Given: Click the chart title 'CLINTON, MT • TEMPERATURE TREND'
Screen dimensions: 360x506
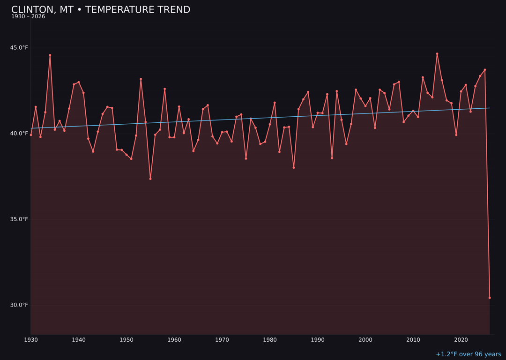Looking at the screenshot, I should pos(101,10).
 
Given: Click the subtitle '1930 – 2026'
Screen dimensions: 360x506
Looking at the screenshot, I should pos(28,17).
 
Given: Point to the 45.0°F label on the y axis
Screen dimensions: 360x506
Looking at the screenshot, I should pos(19,48).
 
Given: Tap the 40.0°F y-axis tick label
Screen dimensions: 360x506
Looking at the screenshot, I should pos(19,134).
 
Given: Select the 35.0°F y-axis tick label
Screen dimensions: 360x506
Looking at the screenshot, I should pos(19,219).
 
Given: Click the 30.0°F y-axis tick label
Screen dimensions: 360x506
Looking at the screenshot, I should pos(19,305).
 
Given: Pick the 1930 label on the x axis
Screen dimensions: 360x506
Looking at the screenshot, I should pos(31,340).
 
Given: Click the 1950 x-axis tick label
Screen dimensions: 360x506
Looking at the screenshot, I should pos(126,340).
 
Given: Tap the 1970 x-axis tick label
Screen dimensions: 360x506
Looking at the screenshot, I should pos(222,340).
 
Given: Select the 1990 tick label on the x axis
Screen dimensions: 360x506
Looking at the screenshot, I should pos(318,340).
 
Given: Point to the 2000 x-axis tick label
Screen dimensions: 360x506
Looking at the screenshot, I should pos(365,340).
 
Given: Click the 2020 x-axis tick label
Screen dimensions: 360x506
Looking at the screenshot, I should pos(461,340).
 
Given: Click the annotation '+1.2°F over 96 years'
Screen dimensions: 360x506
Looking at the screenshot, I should pos(468,354).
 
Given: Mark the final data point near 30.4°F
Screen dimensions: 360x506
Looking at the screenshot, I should pos(490,298).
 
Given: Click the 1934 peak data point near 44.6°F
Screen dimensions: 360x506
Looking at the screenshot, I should pos(50,55).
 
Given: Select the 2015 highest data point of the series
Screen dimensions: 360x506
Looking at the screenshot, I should pos(437,54).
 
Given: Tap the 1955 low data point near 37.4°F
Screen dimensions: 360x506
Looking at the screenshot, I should pos(150,179).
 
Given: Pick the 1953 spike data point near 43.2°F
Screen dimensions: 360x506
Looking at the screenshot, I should pos(141,79).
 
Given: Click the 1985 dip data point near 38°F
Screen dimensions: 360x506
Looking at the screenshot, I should pos(294,167).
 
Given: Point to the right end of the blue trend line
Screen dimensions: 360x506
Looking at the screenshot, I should pos(490,108).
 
